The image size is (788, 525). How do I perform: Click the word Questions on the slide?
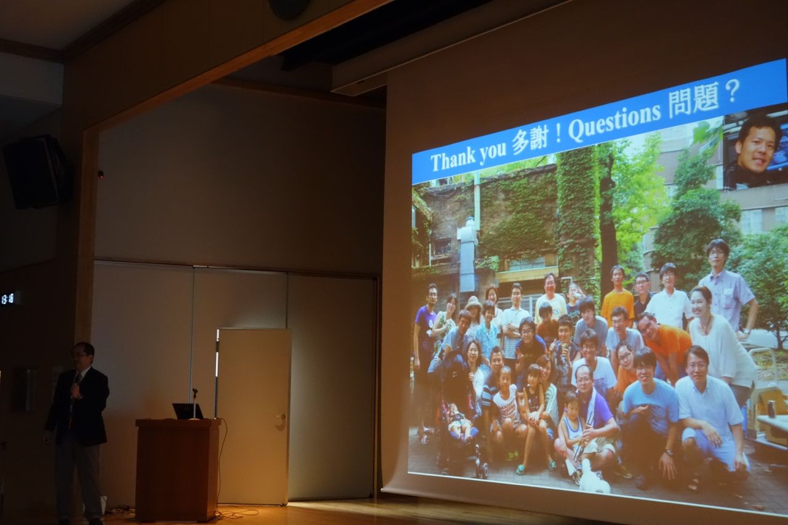pyautogui.click(x=614, y=119)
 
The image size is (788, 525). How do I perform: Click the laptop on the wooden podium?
pyautogui.click(x=188, y=411)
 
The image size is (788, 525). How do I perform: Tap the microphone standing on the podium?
pyautogui.click(x=195, y=403)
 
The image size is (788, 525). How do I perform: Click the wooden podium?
pyautogui.click(x=178, y=469)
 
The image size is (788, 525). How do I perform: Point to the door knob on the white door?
pyautogui.click(x=280, y=418)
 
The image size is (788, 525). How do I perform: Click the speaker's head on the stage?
pyautogui.click(x=82, y=355)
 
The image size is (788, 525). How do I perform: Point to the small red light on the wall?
pyautogui.click(x=101, y=174)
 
